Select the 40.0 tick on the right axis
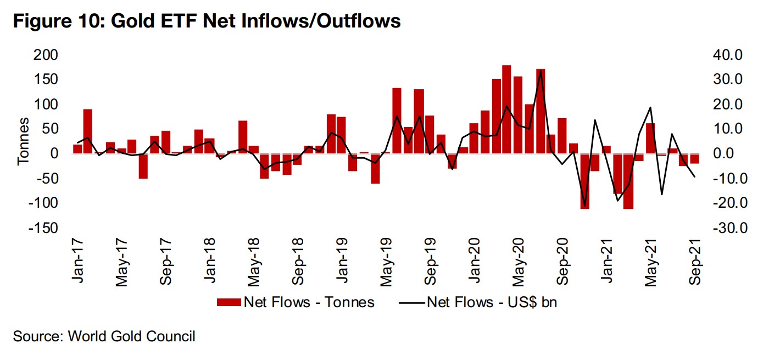coord(728,55)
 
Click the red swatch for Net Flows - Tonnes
coord(229,302)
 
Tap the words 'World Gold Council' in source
coord(131,336)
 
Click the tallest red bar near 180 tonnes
coord(506,109)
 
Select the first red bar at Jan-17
coord(77,149)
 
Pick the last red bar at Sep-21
coord(695,158)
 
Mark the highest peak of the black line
coord(540,71)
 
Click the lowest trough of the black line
coord(584,206)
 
